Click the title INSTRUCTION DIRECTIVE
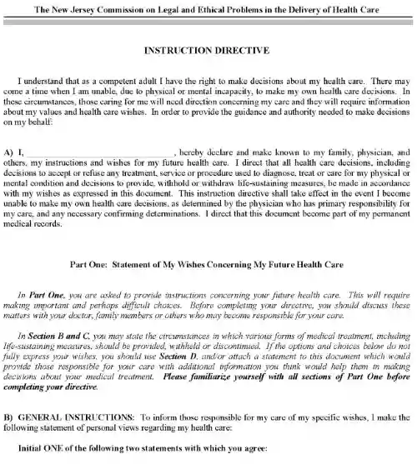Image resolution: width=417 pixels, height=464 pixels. (208, 50)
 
